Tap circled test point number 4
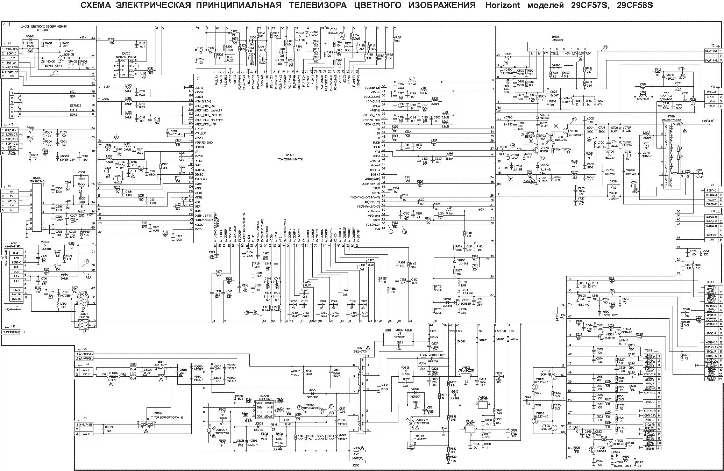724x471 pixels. (116, 137)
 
